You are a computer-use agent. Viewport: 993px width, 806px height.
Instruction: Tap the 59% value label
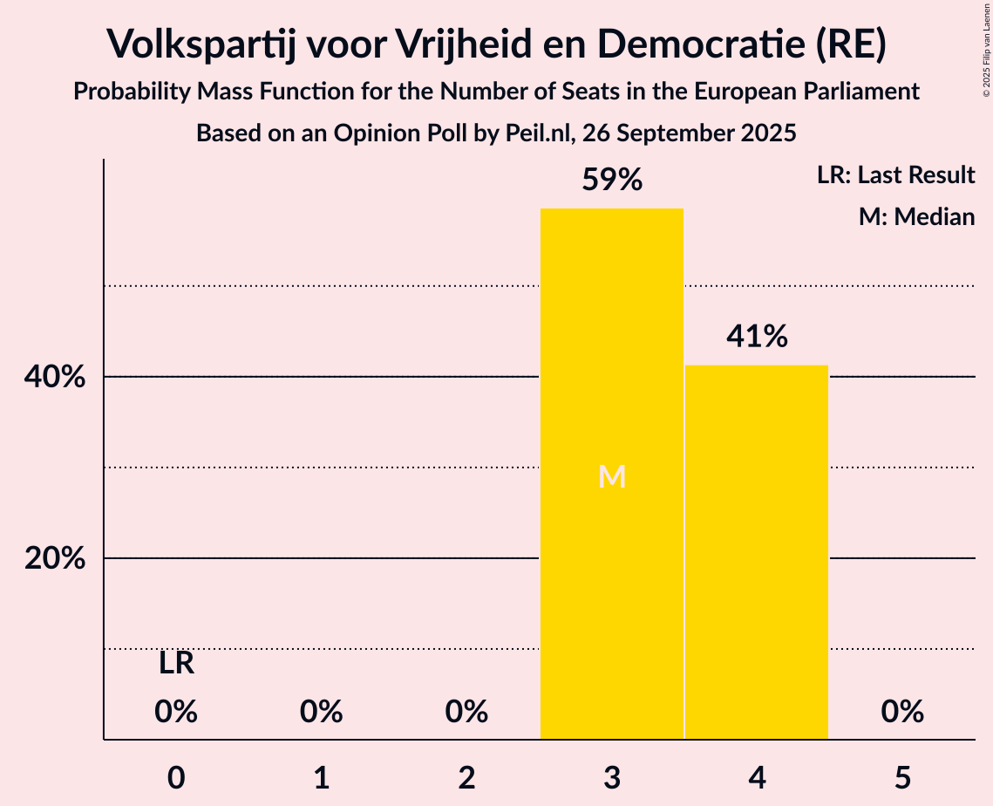(612, 181)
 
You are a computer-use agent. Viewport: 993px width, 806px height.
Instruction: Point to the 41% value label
(757, 336)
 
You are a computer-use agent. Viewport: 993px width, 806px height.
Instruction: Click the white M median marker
(612, 477)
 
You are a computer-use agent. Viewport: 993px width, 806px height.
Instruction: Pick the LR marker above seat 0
(176, 664)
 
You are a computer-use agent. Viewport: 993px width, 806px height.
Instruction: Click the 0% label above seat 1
(321, 713)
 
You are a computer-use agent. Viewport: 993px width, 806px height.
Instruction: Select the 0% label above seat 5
(901, 713)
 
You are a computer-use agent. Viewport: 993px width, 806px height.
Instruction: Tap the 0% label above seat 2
(466, 713)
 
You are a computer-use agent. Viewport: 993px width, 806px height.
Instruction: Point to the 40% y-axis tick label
(55, 378)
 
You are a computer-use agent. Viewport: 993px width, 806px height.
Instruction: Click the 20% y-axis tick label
(55, 558)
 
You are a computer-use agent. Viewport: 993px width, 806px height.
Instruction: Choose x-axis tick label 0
(176, 778)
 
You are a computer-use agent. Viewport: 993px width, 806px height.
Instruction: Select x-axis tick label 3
(612, 778)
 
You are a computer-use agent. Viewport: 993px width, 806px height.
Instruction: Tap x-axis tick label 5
(901, 778)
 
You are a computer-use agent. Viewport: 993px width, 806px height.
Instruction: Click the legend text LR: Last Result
(896, 175)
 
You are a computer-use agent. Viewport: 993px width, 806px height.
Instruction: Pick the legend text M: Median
(916, 216)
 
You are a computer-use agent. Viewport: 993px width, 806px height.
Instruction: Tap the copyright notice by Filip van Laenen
(986, 61)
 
